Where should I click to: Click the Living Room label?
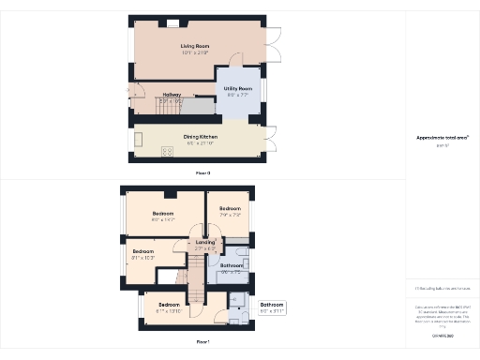click(x=195, y=45)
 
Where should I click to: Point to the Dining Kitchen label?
click(x=200, y=137)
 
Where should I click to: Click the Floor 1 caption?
click(x=202, y=341)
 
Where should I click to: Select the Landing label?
click(x=204, y=243)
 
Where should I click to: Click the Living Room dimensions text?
click(x=195, y=52)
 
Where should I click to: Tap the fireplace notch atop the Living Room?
click(x=172, y=21)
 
